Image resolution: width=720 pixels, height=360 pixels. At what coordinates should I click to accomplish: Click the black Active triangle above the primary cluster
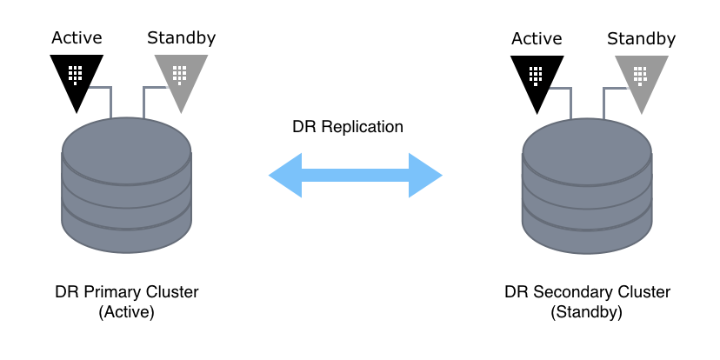pyautogui.click(x=77, y=77)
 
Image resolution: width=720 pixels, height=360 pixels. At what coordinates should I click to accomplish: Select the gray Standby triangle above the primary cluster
pyautogui.click(x=181, y=77)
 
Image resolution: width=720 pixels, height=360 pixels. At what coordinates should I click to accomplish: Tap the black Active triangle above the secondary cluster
pyautogui.click(x=537, y=77)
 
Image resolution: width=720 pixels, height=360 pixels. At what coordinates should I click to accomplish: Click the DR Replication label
pyautogui.click(x=348, y=127)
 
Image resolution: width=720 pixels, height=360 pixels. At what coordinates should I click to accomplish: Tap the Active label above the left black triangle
pyautogui.click(x=77, y=37)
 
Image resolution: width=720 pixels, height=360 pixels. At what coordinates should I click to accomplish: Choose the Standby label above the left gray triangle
pyautogui.click(x=181, y=37)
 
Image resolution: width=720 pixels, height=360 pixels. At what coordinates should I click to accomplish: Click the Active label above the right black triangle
pyautogui.click(x=537, y=37)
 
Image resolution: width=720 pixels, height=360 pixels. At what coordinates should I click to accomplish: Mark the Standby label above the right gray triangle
pyautogui.click(x=641, y=37)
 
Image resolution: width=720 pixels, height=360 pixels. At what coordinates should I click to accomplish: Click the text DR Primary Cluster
pyautogui.click(x=127, y=291)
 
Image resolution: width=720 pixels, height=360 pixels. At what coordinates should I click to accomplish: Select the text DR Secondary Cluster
pyautogui.click(x=587, y=291)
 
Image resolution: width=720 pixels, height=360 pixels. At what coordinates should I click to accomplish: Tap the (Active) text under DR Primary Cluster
pyautogui.click(x=127, y=311)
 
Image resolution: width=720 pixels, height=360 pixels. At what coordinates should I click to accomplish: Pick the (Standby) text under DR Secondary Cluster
pyautogui.click(x=587, y=311)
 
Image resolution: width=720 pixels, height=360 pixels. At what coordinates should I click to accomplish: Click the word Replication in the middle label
pyautogui.click(x=360, y=127)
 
